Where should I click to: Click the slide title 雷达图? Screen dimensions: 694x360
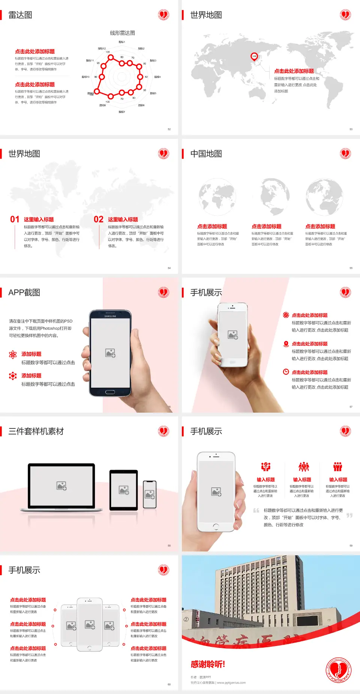point(20,15)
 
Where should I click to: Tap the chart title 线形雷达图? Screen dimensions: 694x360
point(122,33)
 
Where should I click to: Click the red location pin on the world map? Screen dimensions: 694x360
point(254,57)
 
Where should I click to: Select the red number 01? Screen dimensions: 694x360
point(15,219)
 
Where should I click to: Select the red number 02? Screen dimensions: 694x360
point(99,219)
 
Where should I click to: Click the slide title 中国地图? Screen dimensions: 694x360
point(206,154)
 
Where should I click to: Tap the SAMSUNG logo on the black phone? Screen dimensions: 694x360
point(110,316)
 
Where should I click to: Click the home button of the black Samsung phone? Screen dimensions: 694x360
point(110,392)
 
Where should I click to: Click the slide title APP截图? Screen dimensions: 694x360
point(24,293)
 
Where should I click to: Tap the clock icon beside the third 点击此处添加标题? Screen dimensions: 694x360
point(286,372)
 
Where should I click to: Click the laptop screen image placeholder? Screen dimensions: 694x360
point(61,486)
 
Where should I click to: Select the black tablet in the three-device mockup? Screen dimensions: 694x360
point(124,490)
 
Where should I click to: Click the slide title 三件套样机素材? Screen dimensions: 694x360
point(36,431)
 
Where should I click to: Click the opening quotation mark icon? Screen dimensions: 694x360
point(256,510)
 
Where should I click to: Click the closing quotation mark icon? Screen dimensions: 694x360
point(349,515)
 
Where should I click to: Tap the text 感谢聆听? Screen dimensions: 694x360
point(208,664)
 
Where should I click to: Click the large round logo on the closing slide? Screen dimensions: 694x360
point(338,670)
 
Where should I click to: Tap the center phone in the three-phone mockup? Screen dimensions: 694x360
point(90,625)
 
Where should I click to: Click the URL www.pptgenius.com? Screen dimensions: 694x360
point(231,683)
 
